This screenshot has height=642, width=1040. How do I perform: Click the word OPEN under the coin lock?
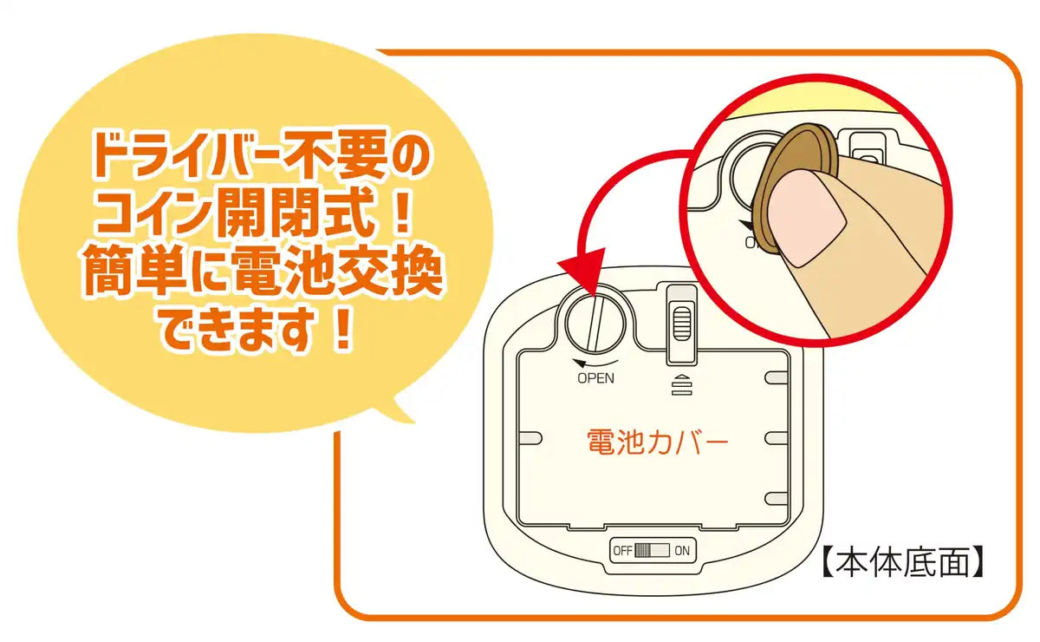595,378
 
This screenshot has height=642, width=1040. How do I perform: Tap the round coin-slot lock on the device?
595,324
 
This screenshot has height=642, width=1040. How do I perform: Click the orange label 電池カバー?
658,442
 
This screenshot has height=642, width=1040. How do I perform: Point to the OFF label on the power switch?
622,551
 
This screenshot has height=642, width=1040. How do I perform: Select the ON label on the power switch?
682,551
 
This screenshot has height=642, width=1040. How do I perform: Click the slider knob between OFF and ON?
643,551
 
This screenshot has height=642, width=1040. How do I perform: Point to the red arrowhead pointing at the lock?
584,272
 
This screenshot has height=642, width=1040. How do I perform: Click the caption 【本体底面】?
902,562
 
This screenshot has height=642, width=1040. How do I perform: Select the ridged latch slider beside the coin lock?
681,324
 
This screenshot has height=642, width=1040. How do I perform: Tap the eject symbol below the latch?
681,385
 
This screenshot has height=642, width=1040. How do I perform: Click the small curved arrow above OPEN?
595,363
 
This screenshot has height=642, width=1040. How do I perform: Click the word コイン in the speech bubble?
155,212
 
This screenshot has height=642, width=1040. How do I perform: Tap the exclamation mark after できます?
344,328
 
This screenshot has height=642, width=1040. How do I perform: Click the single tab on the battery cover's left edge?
530,438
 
